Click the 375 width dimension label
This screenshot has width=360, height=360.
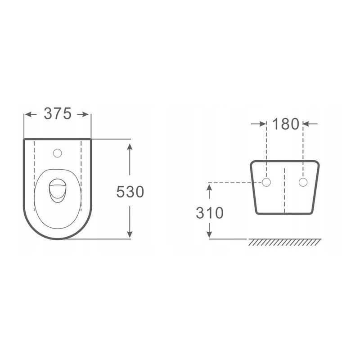pyautogui.click(x=58, y=114)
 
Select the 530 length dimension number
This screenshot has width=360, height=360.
pyautogui.click(x=130, y=192)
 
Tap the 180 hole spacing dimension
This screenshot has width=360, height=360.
pyautogui.click(x=285, y=124)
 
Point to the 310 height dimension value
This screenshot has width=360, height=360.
pyautogui.click(x=209, y=213)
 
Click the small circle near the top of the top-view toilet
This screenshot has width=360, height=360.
pyautogui.click(x=57, y=153)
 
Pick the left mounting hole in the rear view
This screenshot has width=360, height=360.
pyautogui.click(x=266, y=182)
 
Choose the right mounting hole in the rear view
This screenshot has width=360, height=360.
pyautogui.click(x=303, y=182)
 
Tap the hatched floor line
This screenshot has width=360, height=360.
pyautogui.click(x=285, y=243)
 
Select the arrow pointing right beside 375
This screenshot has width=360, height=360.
pyautogui.click(x=84, y=114)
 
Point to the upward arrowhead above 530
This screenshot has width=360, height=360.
pyautogui.click(x=130, y=148)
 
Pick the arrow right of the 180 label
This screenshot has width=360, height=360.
pyautogui.click(x=310, y=124)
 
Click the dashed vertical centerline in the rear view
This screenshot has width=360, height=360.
pyautogui.click(x=285, y=189)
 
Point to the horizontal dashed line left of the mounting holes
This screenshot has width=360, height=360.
pyautogui.click(x=234, y=183)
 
